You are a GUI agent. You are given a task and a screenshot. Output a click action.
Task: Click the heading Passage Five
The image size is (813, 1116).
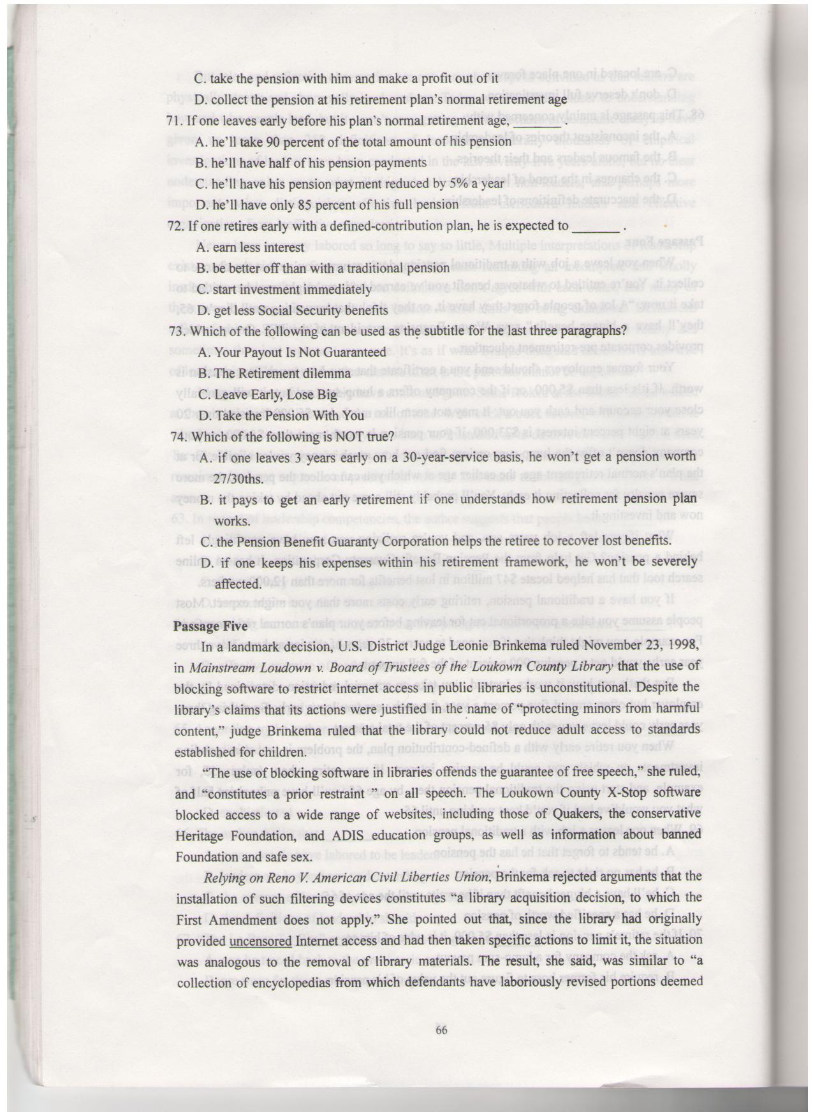(x=210, y=626)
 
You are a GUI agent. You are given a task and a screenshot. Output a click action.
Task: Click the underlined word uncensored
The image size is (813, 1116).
(x=260, y=941)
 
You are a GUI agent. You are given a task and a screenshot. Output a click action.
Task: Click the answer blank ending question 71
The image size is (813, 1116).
(x=537, y=122)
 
